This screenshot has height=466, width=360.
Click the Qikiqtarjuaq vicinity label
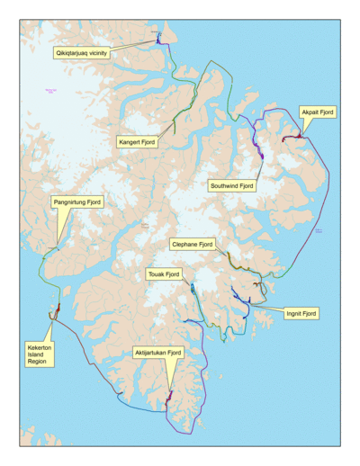[x=86, y=53]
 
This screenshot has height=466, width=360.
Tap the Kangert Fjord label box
[x=137, y=141]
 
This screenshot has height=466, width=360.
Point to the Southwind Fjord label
[x=232, y=185]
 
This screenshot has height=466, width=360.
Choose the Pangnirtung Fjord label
[x=77, y=202]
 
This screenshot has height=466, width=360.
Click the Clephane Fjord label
[x=193, y=244]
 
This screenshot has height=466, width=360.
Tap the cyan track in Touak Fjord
[x=193, y=289]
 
